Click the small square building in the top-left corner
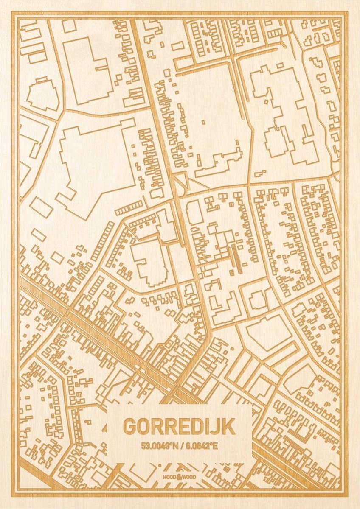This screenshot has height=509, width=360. coord(69,26)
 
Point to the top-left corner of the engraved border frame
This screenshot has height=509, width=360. coord(13,13)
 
